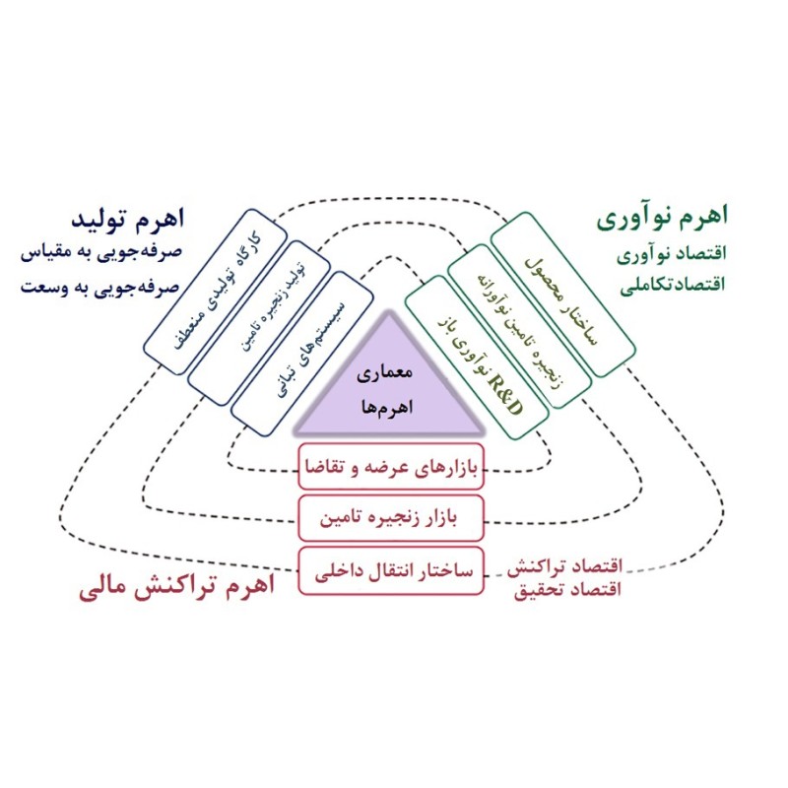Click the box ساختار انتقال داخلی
click(391, 570)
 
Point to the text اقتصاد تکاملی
click(674, 284)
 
